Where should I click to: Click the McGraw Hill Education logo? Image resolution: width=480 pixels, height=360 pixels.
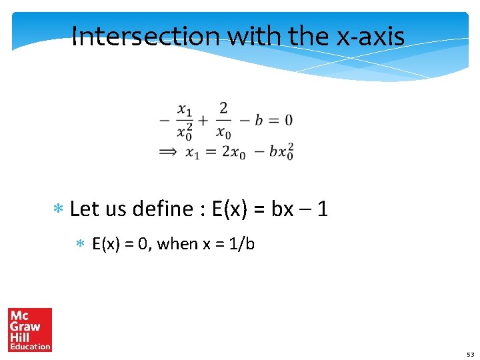coord(30,329)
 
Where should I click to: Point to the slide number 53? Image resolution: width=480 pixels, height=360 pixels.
coord(470,355)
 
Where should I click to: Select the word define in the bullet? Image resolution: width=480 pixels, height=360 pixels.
coord(163,209)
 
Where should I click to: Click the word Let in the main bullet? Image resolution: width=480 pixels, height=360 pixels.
coord(83,209)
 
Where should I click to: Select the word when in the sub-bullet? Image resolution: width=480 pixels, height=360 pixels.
coord(177,244)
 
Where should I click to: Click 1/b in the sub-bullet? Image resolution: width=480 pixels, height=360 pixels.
coord(241,244)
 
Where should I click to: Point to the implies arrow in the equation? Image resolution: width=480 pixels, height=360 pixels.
coord(168,153)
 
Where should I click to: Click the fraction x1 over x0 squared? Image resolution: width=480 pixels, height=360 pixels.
coord(185,120)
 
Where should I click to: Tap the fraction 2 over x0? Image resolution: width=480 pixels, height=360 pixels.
coord(223,120)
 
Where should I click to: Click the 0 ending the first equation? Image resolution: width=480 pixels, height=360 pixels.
coord(288,121)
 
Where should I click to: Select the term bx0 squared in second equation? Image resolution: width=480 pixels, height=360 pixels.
coord(281,152)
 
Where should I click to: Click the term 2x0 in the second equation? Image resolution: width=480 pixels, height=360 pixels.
coord(233,153)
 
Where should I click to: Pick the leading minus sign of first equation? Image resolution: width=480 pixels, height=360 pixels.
coord(165,121)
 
